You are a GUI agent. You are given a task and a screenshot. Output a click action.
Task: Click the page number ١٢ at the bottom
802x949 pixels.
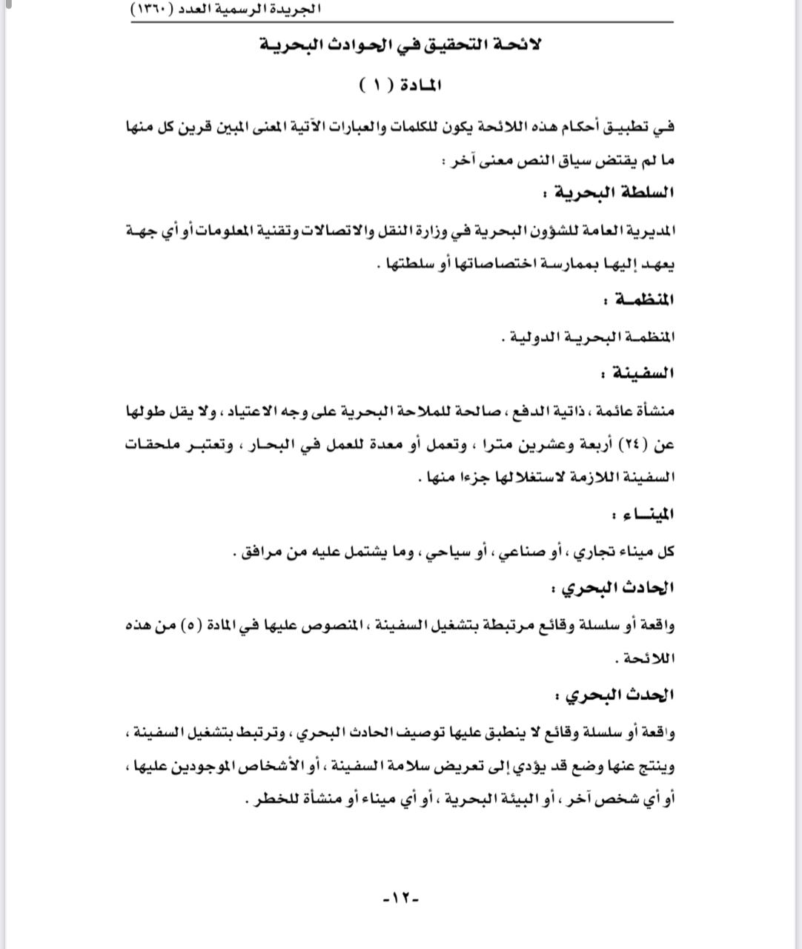click(401, 898)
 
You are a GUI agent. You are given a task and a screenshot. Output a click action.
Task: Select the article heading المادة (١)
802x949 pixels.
click(400, 84)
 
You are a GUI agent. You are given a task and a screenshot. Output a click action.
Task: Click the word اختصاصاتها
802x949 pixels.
click(465, 265)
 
